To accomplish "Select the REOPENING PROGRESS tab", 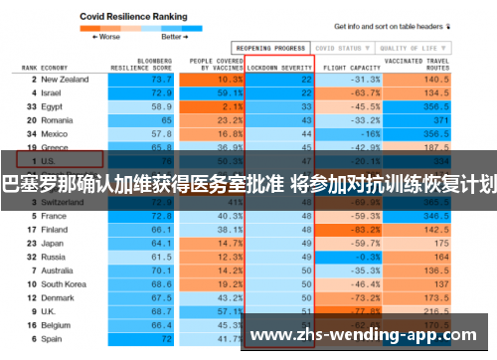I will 270,47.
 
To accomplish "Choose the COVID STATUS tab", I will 337,47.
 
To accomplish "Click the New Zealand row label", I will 66,79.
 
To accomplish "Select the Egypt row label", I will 53,105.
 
